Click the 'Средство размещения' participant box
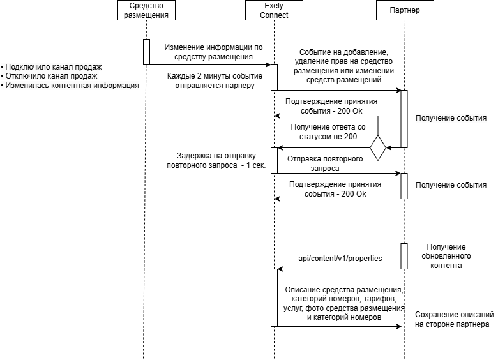146,10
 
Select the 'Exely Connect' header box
274,10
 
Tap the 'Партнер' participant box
405,10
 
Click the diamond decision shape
378,147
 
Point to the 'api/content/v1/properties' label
340,258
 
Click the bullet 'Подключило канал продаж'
51,67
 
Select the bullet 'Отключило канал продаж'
49,76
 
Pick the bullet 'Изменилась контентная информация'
70,86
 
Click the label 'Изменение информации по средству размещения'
213,52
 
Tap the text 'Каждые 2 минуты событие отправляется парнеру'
215,80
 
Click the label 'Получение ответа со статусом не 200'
328,131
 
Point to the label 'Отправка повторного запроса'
325,163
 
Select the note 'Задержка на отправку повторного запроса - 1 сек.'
216,160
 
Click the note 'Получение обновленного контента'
446,256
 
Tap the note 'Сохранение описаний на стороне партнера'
454,319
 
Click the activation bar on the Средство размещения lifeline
146,52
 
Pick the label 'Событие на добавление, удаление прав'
343,57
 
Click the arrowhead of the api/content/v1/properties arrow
280,269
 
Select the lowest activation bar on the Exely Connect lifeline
274,298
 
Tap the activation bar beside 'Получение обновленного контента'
404,256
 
